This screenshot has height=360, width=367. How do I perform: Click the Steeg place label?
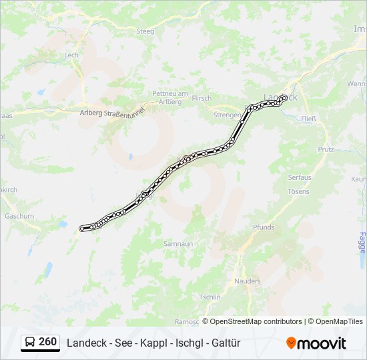pos(145,31)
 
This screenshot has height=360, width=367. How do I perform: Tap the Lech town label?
pos(71,55)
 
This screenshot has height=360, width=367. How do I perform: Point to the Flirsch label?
pos(202,98)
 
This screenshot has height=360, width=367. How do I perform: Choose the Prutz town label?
pos(325,149)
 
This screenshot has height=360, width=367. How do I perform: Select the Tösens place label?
pos(298,191)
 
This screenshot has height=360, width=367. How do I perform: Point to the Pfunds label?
pos(264,227)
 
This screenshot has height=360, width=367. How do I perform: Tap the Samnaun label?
pos(178,244)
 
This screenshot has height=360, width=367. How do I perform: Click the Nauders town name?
pos(248,281)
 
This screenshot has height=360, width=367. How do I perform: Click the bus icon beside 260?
pos(31,342)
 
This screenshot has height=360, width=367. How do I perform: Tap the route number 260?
pos(47,342)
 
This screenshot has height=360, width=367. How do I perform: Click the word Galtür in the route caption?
pos(226,343)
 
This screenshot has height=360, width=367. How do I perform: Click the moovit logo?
pos(316,343)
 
